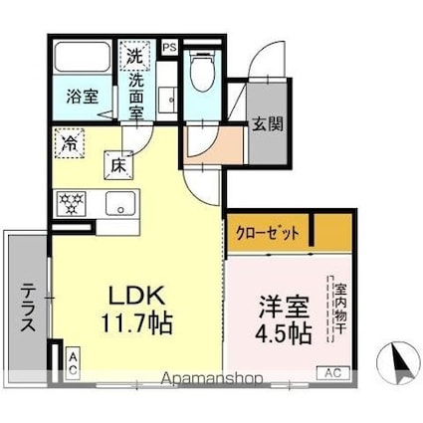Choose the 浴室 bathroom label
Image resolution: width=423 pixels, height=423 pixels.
82,98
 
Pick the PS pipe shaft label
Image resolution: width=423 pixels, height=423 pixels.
168,46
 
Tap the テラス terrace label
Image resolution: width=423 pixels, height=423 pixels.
28,305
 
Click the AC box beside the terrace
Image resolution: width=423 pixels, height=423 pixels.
73,363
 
